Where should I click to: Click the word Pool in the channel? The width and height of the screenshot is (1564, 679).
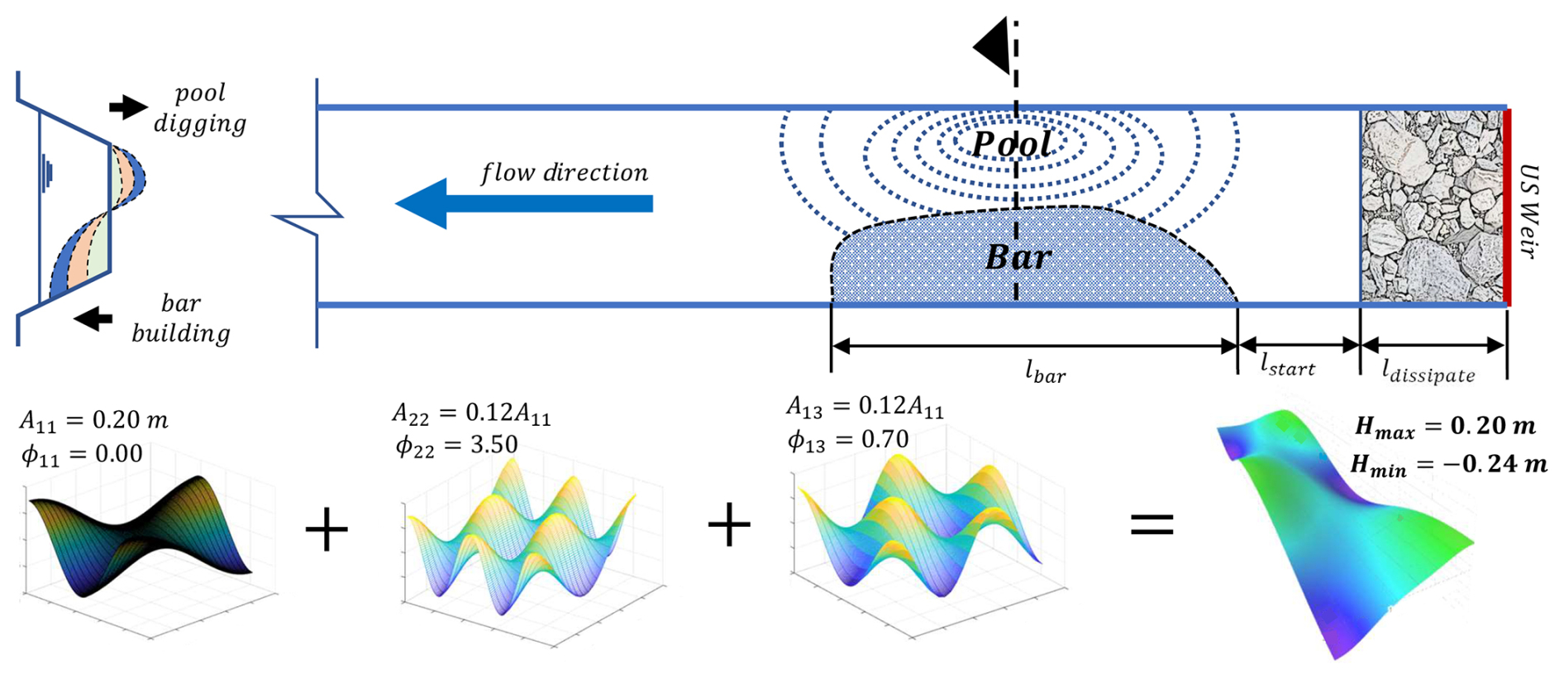[1012, 144]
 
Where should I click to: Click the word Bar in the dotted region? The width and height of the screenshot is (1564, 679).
[1018, 258]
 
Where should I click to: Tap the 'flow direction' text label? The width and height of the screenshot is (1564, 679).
[565, 173]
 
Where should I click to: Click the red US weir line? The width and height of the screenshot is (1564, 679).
[1507, 207]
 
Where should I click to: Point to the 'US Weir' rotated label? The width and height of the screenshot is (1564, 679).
[1530, 212]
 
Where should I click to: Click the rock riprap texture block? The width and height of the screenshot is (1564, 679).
[1432, 207]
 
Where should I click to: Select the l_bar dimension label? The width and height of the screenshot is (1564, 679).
[1045, 372]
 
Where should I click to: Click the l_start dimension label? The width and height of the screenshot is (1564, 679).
[1287, 364]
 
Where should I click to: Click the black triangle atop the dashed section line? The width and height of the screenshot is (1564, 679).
[992, 46]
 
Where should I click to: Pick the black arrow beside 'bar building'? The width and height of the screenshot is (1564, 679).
[93, 318]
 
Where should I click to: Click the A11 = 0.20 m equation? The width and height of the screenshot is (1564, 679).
[93, 421]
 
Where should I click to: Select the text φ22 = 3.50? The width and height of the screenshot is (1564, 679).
[456, 445]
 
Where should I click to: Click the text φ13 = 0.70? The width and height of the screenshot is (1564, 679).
[847, 439]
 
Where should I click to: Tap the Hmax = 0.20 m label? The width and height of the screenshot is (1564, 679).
[1445, 427]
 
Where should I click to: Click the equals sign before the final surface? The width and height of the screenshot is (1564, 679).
[1152, 524]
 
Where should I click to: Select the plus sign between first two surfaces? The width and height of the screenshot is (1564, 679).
[327, 529]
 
